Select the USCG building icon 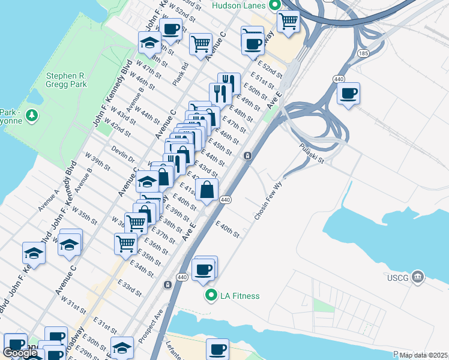coord(418,277)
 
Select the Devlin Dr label coord(122,154)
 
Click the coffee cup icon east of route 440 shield coord(348,94)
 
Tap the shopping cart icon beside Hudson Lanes coord(288,21)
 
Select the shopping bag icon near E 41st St coord(206,190)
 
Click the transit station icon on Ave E coord(247,156)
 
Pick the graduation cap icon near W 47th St coord(149,43)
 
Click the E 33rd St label coord(130,288)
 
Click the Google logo coord(20,353)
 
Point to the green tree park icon coord(32,115)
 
